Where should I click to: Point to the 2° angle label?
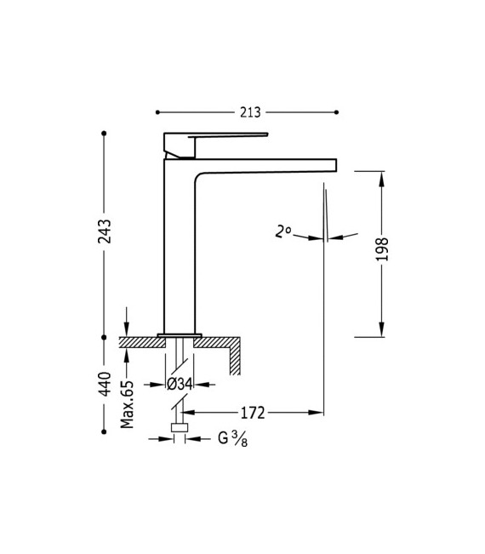pyautogui.click(x=283, y=231)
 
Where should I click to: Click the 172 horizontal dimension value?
pyautogui.click(x=253, y=413)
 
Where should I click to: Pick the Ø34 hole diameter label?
pyautogui.click(x=180, y=385)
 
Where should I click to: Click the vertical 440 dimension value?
pyautogui.click(x=105, y=384)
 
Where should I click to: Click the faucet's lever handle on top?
pyautogui.click(x=217, y=139)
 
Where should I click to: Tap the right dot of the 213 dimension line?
pyautogui.click(x=337, y=112)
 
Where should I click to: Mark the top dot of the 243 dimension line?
pyautogui.click(x=104, y=134)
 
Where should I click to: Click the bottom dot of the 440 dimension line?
pyautogui.click(x=104, y=431)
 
